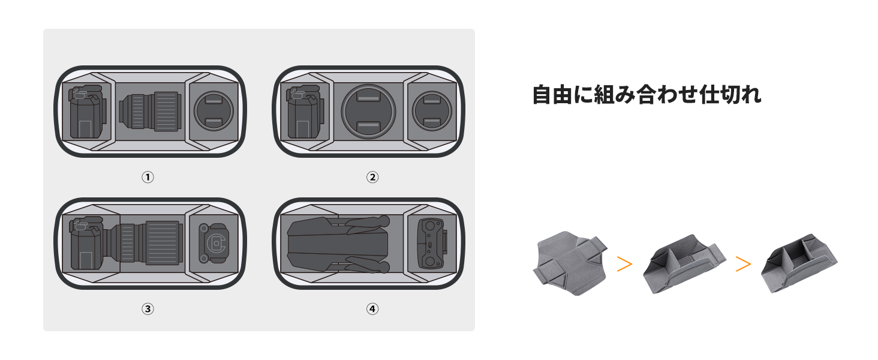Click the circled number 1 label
point(148,177)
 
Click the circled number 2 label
point(372,177)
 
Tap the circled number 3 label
point(148,309)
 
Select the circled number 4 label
point(372,309)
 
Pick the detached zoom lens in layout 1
point(150,112)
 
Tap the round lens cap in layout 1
point(214,112)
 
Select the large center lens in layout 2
point(368,112)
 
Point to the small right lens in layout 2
point(432,112)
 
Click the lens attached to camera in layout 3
point(150,243)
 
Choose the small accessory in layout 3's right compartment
point(214,243)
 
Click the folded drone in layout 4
point(339,244)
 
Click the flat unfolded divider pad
point(569,265)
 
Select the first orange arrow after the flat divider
point(624,264)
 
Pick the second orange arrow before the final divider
point(743,264)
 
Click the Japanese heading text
point(647,95)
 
